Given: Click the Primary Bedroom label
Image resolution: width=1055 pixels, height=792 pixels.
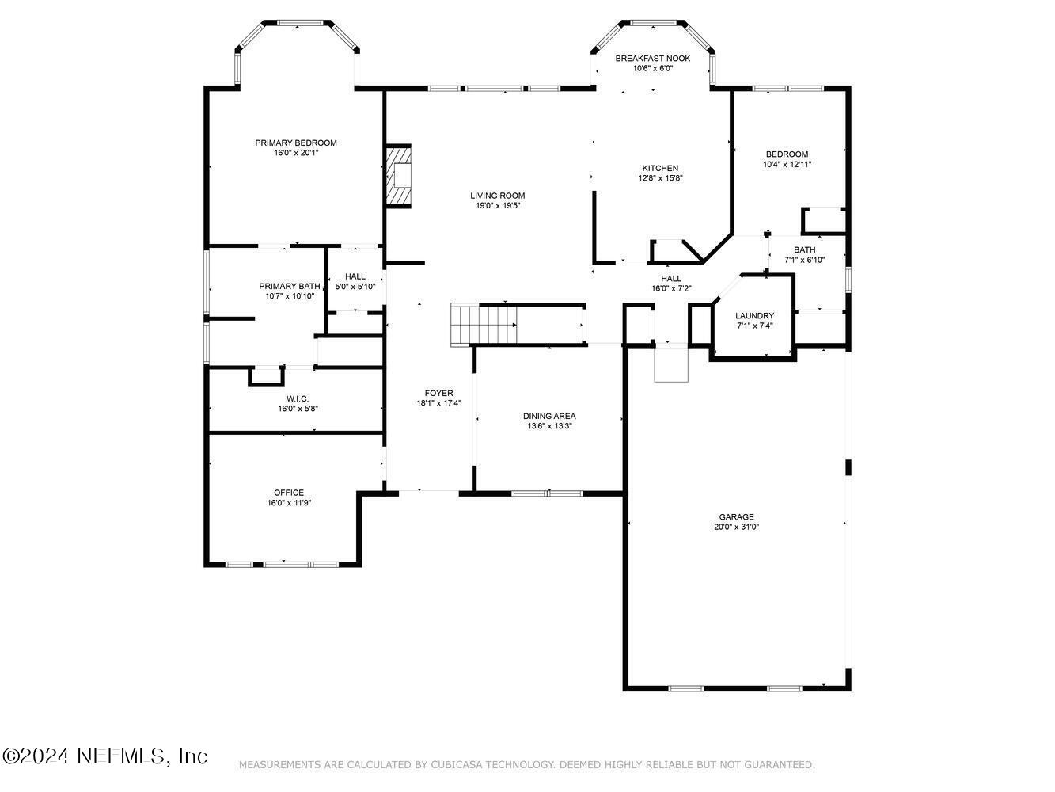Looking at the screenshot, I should click(x=296, y=143).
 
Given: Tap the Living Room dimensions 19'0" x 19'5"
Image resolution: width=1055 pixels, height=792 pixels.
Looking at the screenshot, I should click(x=497, y=206).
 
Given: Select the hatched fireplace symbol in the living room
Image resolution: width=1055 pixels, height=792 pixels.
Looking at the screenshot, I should click(x=399, y=176).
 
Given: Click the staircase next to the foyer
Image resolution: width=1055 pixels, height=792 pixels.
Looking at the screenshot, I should click(x=484, y=325).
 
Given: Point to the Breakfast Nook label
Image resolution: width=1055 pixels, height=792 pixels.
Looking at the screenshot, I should click(x=653, y=59).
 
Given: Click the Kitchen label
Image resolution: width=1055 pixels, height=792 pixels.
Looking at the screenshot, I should click(x=660, y=168).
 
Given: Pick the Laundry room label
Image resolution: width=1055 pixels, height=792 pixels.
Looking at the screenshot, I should click(x=754, y=315).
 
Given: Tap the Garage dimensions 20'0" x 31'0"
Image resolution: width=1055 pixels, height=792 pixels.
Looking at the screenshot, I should click(x=736, y=527).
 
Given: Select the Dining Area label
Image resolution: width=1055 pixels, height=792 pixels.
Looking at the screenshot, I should click(x=549, y=416).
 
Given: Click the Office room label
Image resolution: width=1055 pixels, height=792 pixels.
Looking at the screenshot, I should click(x=289, y=493).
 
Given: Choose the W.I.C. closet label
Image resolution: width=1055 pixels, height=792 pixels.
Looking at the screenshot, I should click(x=298, y=398).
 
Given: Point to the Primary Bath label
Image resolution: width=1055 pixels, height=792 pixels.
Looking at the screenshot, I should click(x=290, y=286).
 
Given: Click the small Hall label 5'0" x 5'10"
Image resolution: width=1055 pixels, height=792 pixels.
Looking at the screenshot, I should click(x=355, y=287).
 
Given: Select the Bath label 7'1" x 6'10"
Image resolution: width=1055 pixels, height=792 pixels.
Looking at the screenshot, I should click(x=804, y=249).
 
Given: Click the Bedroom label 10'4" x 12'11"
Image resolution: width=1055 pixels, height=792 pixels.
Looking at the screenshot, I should click(x=787, y=154).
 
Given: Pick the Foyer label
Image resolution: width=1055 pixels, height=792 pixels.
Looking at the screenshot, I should click(x=438, y=393).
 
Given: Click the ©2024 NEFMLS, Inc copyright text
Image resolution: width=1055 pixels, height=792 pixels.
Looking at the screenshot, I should click(x=105, y=756).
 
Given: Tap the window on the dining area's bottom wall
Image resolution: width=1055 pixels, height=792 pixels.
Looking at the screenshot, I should click(x=547, y=493).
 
